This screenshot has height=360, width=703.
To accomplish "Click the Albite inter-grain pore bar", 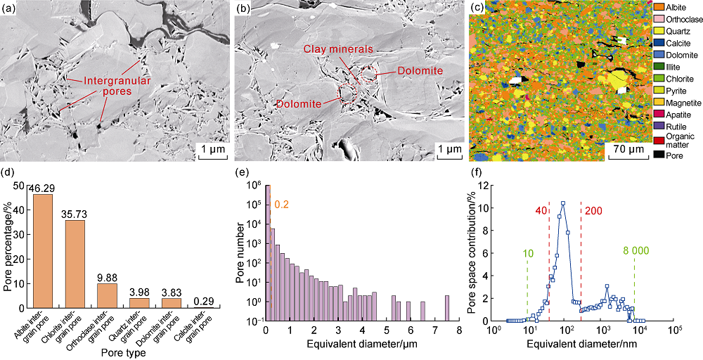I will coord(42,257).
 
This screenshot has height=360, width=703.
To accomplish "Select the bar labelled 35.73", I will coord(75,271).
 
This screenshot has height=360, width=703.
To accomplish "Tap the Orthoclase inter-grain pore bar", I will coord(108,302).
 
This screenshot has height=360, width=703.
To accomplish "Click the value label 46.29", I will coord(42,188).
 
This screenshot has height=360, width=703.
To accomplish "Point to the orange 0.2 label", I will coord(281,205).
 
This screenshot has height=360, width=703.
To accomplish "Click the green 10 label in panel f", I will coord(528,252).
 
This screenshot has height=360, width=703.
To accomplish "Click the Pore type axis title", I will coord(123,351).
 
